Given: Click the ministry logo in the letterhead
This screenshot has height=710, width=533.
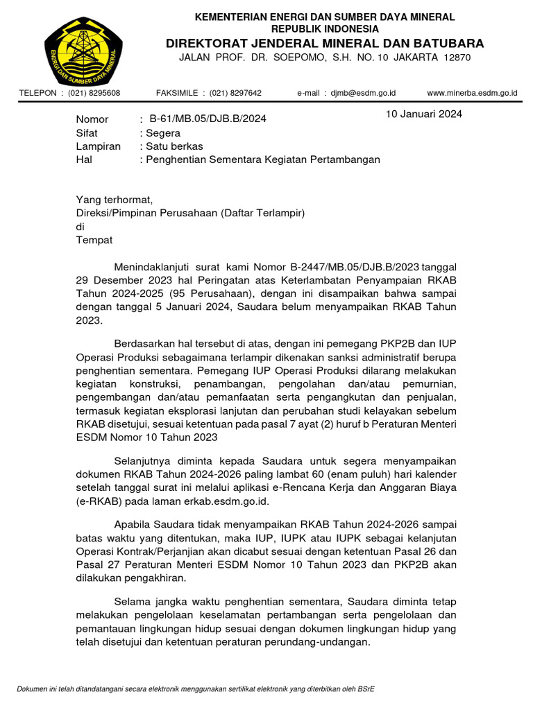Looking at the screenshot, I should pos(84,49).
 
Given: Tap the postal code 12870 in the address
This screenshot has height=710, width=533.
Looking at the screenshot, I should pos(456,58).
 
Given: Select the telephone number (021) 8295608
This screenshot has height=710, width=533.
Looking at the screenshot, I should pos(94,93).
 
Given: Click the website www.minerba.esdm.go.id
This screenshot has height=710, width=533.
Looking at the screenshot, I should pos(472,93).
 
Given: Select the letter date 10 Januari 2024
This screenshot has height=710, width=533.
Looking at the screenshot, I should pos(424,114).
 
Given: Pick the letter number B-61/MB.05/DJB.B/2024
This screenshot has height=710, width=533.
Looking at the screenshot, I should pos(208,119).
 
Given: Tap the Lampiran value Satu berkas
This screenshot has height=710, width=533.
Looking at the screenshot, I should pos(174,146).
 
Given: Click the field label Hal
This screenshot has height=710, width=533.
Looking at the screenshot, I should pos(83,159).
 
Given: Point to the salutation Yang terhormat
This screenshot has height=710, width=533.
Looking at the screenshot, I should pos(113,200).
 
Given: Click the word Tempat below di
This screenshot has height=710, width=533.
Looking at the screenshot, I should pos(94,240).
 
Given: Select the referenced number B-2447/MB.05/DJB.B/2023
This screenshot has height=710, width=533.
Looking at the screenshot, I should pos(346,268).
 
